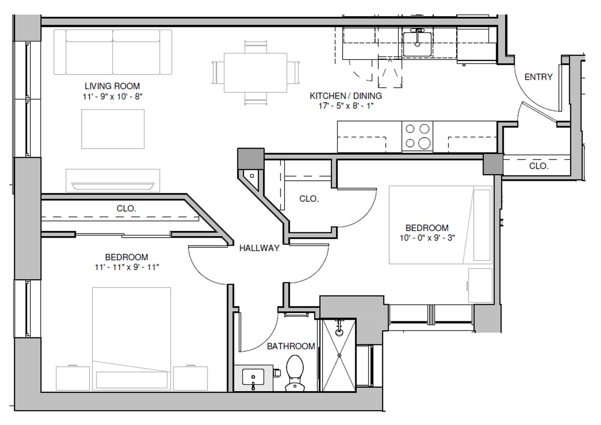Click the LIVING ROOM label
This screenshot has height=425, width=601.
[x=112, y=86]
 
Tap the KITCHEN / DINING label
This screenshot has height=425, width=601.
[x=345, y=96]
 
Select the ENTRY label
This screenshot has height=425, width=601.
[x=538, y=77]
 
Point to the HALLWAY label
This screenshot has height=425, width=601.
[x=259, y=248]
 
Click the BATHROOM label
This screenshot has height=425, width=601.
[x=291, y=346]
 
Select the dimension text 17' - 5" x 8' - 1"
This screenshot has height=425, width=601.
[x=345, y=106]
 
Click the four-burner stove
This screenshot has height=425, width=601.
[x=417, y=136]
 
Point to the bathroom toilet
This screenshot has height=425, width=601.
[x=293, y=372]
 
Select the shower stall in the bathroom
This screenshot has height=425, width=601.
[x=339, y=355]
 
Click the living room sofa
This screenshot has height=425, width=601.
[x=112, y=51]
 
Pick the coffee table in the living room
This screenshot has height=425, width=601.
[x=112, y=129]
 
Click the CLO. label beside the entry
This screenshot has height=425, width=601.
[x=538, y=166]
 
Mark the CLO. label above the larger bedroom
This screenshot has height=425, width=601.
[x=126, y=208]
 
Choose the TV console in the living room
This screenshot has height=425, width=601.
[x=112, y=180]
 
